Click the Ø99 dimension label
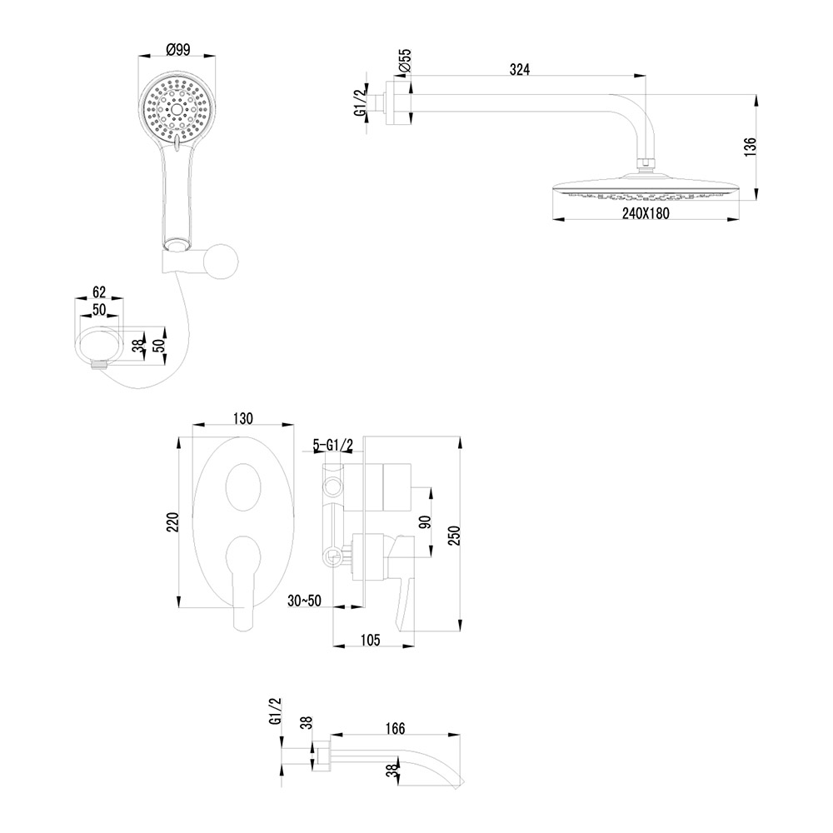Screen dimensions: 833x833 pos(178,49)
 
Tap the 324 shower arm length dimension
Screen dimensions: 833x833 pos(520,70)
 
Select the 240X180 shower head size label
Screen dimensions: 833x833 pos(646,213)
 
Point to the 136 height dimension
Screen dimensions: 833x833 pos(750,147)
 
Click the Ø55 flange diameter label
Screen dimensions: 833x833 pos(405,61)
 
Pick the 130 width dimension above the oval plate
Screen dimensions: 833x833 pos(242,418)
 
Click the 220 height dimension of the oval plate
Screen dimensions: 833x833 pos(173,522)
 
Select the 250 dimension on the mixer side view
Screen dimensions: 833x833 pos(453,536)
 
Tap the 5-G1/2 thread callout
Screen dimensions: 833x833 pos(333,445)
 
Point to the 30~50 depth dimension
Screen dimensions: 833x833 pos(304,601)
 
